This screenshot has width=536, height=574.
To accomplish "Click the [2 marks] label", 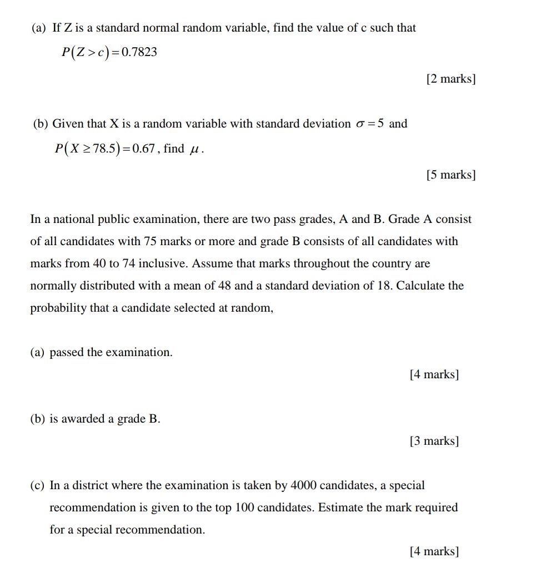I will [x=451, y=79].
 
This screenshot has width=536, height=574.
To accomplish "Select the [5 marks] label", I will [x=451, y=175].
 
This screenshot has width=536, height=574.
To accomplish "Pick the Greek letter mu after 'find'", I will [x=194, y=150].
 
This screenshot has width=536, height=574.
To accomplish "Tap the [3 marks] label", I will [x=434, y=441].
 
